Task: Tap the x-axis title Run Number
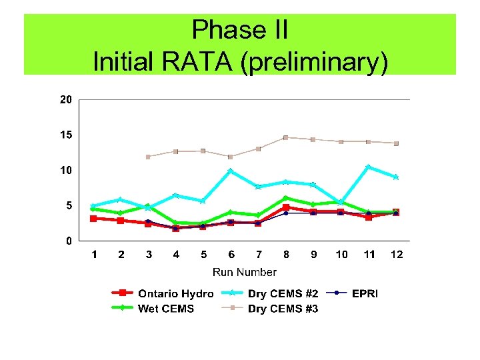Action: click(244, 272)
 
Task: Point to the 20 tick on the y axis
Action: click(65, 100)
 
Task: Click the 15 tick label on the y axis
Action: click(65, 135)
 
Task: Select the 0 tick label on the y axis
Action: click(69, 241)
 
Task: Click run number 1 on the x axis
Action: click(94, 254)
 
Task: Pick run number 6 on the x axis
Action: click(231, 254)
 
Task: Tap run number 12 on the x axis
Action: click(397, 254)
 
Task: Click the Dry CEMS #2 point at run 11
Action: click(368, 167)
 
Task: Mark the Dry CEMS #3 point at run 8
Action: click(285, 137)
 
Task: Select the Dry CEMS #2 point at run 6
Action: click(231, 171)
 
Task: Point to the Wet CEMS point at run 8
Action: click(285, 198)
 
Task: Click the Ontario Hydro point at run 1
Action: click(94, 218)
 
